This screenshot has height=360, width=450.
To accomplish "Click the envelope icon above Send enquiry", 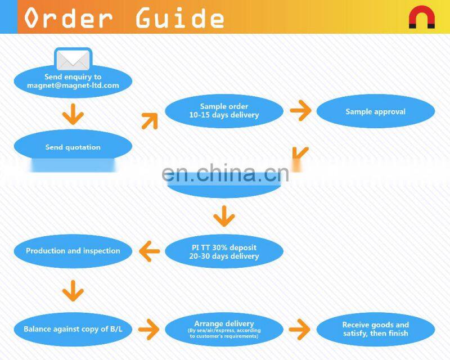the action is point(74,60).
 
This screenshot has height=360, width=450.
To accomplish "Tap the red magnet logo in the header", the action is point(421,18).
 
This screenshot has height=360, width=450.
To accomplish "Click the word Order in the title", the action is point(68,17).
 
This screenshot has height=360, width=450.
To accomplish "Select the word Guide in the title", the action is point(179,17).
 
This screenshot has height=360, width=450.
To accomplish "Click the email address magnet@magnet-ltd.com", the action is point(73,85).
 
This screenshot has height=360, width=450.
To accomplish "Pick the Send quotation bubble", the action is point(73,147).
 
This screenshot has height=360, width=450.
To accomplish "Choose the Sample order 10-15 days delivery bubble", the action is point(224,111).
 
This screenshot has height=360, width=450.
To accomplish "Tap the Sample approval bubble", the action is point(375,111).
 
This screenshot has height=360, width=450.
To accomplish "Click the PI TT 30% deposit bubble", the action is point(224,251).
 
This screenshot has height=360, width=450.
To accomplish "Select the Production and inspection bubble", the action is point(73,251).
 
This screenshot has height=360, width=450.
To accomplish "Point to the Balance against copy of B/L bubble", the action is point(73,329).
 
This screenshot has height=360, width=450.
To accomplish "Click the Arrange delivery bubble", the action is point(224,329).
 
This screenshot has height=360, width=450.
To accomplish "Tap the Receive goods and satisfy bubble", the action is point(375,329).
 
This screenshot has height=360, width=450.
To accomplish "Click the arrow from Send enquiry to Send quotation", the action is point(73,115).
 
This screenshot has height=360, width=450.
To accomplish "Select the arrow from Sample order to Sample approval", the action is point(300,111).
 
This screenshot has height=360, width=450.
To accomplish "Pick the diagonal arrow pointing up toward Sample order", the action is point(149,120).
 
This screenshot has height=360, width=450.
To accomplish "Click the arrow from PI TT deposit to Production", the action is point(149,251).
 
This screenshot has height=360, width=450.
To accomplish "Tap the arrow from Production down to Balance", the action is point(73,291).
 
